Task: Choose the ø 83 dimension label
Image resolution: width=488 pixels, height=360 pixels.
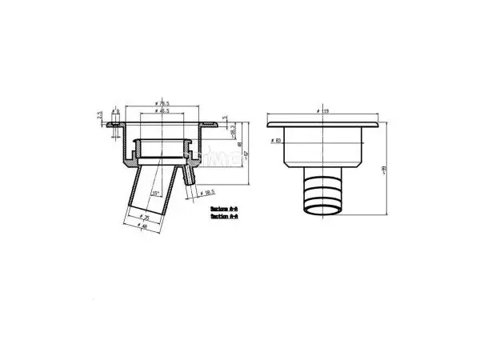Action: click(x=276, y=142)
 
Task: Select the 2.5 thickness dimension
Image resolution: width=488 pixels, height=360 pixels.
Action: click(x=101, y=114)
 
